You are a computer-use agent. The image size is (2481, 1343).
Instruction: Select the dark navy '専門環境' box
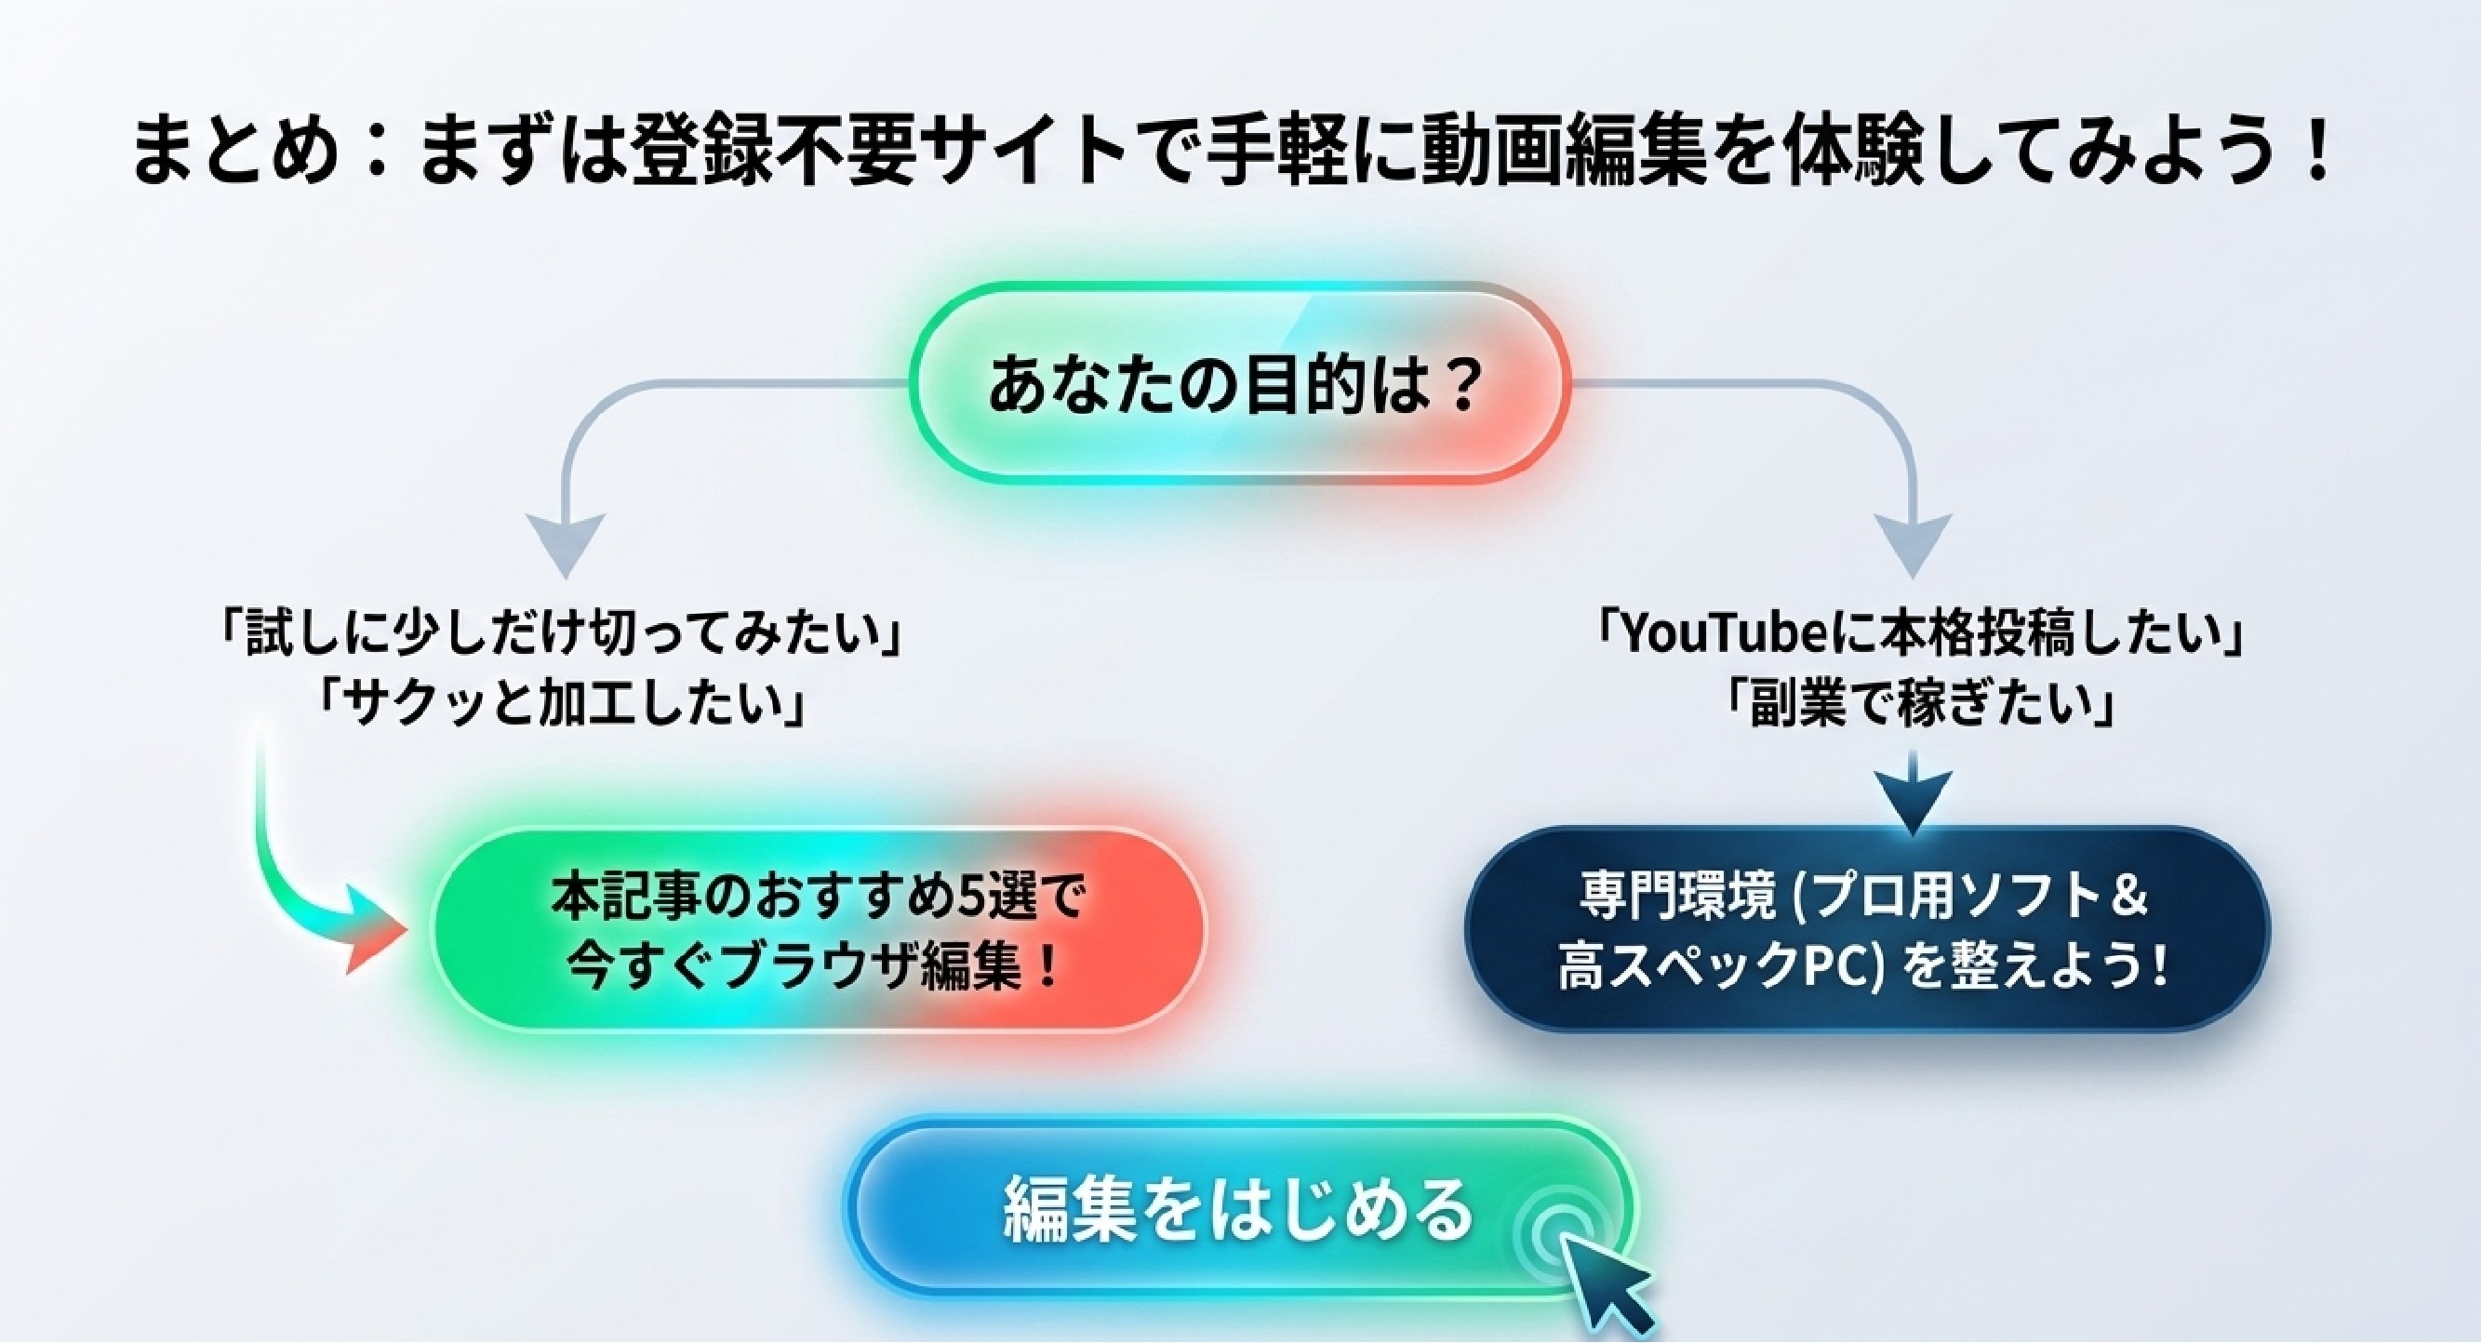[1866, 930]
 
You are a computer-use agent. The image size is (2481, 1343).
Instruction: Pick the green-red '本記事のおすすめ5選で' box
[819, 930]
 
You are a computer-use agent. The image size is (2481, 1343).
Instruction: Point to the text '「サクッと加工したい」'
[564, 704]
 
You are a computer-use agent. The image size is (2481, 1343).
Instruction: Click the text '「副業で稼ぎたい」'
[1916, 704]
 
